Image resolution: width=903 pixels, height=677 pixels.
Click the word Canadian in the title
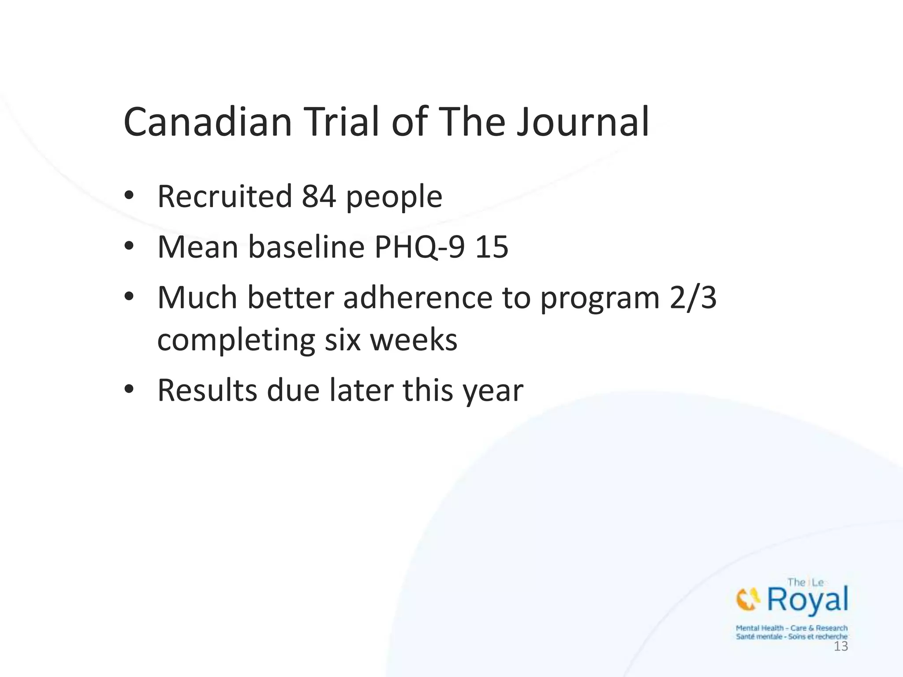point(208,122)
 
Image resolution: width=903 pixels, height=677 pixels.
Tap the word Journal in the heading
point(583,122)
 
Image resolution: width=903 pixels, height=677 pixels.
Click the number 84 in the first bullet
point(319,197)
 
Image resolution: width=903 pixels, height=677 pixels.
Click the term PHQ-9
point(419,247)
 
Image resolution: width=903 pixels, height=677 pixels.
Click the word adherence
point(418,298)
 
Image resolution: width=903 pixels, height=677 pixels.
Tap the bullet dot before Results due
point(129,390)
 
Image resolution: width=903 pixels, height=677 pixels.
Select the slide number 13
point(841,647)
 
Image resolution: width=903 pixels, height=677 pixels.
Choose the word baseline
point(306,247)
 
